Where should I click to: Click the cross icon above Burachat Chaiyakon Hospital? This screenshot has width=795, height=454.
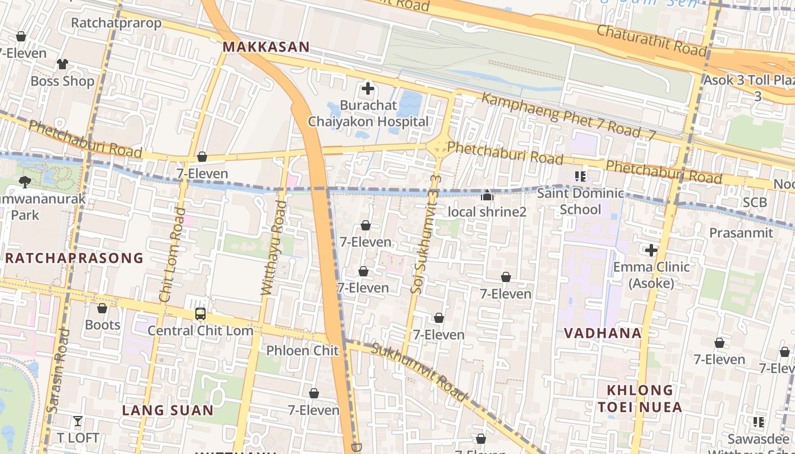coord(368,89)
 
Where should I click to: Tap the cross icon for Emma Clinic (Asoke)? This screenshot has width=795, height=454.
coord(651,250)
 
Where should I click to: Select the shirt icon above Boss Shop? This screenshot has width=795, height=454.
coord(62,64)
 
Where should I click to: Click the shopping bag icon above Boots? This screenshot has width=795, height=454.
coord(102,308)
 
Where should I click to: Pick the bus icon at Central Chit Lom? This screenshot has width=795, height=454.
coord(200,313)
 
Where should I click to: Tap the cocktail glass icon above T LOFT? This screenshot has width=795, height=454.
coord(78,421)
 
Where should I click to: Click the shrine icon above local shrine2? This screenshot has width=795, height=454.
coord(487,196)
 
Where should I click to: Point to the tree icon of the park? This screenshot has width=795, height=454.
coord(25,182)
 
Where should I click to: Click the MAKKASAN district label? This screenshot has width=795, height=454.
coord(266,47)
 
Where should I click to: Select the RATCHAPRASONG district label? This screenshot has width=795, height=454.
coord(74,258)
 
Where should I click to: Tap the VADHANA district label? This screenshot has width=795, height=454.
coord(602,333)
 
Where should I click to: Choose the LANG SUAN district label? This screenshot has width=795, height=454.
coord(168,410)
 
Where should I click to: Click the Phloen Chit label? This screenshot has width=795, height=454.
coord(303,351)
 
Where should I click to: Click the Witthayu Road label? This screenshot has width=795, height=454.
coord(273,248)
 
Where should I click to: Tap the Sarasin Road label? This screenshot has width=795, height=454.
coord(58,370)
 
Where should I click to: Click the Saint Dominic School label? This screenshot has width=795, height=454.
coord(580,201)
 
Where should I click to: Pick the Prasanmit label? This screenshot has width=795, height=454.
coord(741,233)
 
